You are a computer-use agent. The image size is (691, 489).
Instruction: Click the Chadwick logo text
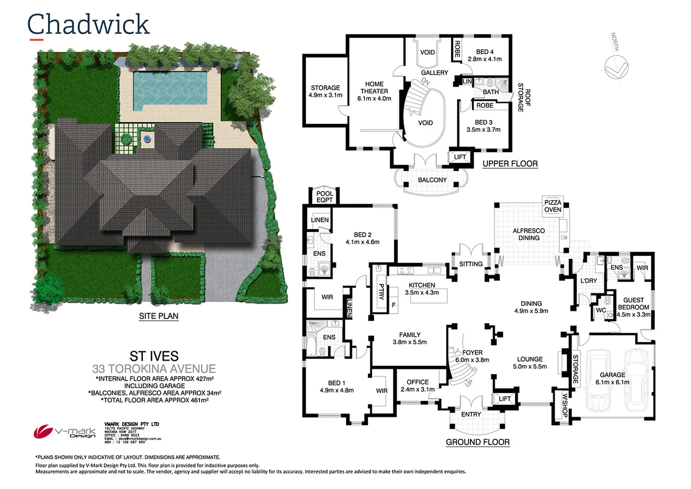tap(88, 25)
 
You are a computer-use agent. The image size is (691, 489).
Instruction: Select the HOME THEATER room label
tap(374, 91)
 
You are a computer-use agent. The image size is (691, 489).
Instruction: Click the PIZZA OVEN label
tap(553, 206)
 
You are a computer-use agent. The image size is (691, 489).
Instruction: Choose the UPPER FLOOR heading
tap(510, 164)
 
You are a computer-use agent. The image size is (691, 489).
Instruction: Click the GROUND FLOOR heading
tap(478, 442)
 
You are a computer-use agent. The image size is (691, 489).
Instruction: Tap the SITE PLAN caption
tap(159, 316)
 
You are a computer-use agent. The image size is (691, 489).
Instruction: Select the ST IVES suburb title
tap(154, 356)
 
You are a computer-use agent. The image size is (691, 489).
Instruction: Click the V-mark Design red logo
tap(43, 431)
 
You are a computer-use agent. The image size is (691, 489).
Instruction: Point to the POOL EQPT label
tap(325, 197)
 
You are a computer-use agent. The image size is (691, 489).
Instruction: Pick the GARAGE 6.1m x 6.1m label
tap(612, 379)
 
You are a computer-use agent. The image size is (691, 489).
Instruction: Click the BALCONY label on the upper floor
tap(432, 180)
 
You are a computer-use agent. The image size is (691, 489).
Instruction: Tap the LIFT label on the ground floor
tap(505, 399)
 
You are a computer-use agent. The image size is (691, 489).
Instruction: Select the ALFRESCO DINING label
tap(529, 234)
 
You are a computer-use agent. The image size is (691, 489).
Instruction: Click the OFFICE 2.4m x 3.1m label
tap(417, 386)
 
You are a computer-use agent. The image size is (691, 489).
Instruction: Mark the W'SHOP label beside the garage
tap(565, 406)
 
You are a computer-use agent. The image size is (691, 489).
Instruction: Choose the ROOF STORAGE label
tap(524, 97)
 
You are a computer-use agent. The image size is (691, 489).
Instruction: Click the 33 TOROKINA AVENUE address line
tap(154, 369)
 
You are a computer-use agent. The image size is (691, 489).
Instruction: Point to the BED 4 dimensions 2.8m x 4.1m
tap(485, 59)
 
